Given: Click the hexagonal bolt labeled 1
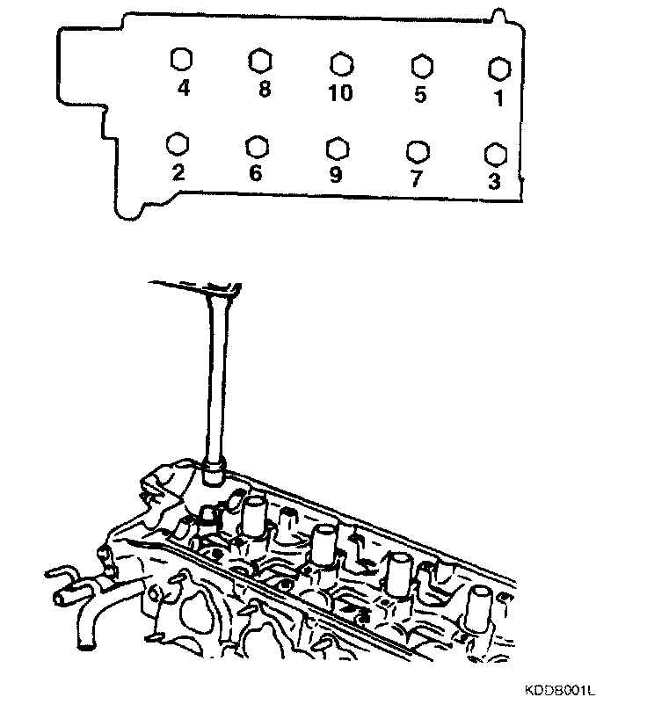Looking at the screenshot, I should [x=498, y=69].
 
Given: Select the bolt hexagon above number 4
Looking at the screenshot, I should [x=179, y=60].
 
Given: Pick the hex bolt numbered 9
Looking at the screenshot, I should [x=335, y=147].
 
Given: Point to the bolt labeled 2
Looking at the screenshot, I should [x=178, y=144].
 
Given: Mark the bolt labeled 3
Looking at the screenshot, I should [x=495, y=154].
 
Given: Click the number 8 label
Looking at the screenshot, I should [x=262, y=90].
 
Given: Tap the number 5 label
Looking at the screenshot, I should [x=420, y=93].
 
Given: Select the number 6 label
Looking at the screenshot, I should [x=255, y=172].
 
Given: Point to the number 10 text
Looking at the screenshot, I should [x=339, y=92].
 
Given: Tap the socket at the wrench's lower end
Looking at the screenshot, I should [x=216, y=473].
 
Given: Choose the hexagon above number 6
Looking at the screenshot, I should [x=257, y=145].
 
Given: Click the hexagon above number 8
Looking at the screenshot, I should [x=259, y=60].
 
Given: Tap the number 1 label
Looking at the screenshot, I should [x=498, y=98].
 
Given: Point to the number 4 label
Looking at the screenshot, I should [x=183, y=89].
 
